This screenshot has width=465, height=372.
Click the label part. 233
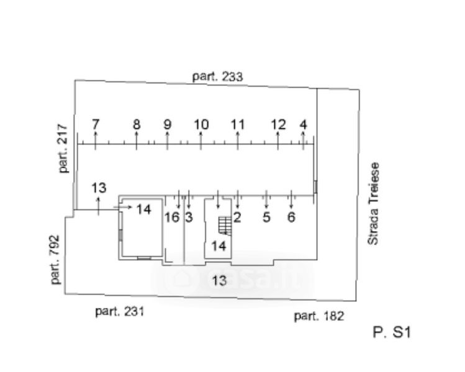[217, 77]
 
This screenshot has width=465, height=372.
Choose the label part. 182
[318, 316]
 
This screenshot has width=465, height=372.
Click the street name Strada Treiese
[373, 203]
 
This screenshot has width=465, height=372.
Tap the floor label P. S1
[392, 333]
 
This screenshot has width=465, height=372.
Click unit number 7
[95, 124]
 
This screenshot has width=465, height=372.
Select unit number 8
[137, 124]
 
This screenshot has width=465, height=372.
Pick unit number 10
[201, 124]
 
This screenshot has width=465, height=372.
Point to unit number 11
[238, 124]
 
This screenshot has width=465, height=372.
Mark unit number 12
[278, 124]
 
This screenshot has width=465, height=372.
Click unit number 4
[303, 124]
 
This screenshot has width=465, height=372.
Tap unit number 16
[172, 217]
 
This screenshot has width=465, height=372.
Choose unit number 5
[266, 217]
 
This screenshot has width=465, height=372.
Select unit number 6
[291, 217]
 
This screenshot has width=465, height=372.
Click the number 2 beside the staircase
[237, 217]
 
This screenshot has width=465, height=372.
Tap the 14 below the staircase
[218, 245]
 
